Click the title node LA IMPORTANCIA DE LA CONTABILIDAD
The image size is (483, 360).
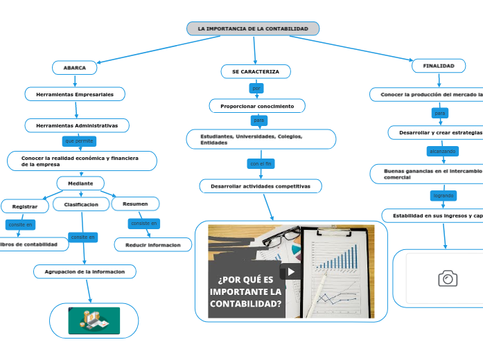click(253, 28)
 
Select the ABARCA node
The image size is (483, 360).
click(75, 68)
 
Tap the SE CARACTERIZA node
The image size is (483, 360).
click(256, 71)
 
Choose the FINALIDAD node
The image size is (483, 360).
click(439, 66)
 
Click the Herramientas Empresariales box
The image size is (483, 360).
click(75, 93)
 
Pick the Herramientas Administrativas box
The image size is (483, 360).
click(77, 125)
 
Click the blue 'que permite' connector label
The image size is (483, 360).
click(78, 141)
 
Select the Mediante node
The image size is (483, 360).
click(80, 183)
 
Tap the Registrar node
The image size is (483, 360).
click(25, 206)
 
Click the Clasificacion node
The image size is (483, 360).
click(81, 204)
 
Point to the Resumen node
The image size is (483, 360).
click(135, 204)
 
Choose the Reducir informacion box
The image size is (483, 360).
click(153, 244)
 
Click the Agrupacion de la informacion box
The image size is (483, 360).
click(85, 271)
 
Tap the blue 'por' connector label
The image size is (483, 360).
click(256, 89)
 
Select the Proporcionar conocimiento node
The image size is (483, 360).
click(257, 106)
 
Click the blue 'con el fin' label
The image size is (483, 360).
click(261, 164)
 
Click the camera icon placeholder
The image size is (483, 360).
click(448, 278)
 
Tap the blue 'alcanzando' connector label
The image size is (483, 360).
click(443, 150)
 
